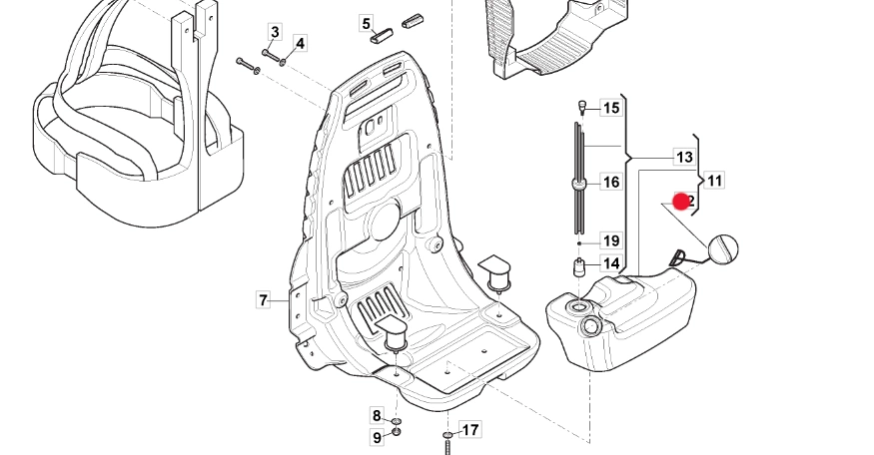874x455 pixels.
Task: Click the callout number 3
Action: pyautogui.click(x=275, y=34)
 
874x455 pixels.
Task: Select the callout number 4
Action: pyautogui.click(x=300, y=43)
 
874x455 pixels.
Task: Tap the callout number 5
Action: pyautogui.click(x=366, y=23)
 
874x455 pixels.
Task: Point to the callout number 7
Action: pyautogui.click(x=264, y=299)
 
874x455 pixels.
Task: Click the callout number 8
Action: pyautogui.click(x=377, y=416)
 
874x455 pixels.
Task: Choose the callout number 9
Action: pyautogui.click(x=378, y=437)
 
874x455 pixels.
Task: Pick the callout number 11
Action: pyautogui.click(x=714, y=181)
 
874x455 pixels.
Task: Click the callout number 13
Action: pyautogui.click(x=684, y=158)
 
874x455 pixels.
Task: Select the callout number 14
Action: pyautogui.click(x=611, y=264)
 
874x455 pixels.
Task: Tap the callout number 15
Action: pyautogui.click(x=611, y=108)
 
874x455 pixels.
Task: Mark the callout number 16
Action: pyautogui.click(x=611, y=183)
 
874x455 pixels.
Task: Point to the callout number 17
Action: pyautogui.click(x=469, y=430)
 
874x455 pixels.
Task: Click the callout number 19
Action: pyautogui.click(x=611, y=240)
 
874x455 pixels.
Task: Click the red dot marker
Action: pyautogui.click(x=682, y=203)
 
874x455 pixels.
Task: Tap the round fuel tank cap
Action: pyautogui.click(x=723, y=248)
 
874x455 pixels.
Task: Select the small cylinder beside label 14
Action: pyautogui.click(x=578, y=266)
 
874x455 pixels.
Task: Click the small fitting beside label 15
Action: pyautogui.click(x=579, y=105)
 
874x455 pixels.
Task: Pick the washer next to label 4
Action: pyautogui.click(x=283, y=62)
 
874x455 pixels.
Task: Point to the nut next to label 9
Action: pyautogui.click(x=397, y=434)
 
